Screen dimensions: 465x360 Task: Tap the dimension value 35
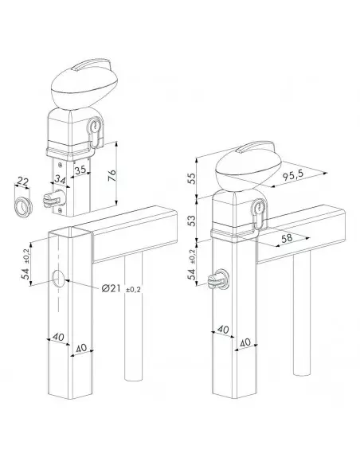(80, 170)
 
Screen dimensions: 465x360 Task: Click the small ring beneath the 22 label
(25, 208)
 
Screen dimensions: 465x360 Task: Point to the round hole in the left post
(61, 279)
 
